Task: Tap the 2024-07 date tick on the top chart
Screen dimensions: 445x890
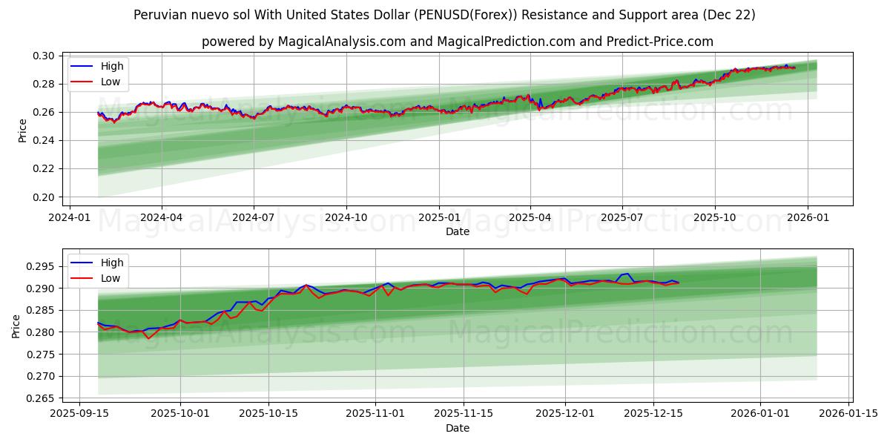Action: click(254, 217)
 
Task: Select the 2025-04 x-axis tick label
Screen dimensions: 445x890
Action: click(530, 217)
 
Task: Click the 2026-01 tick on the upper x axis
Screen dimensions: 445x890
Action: click(807, 217)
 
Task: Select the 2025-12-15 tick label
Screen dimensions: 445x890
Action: click(653, 413)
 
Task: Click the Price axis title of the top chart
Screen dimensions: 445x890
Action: click(22, 131)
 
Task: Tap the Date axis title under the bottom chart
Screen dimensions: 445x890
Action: click(458, 428)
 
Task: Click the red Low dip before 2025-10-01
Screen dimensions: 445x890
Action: click(148, 338)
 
